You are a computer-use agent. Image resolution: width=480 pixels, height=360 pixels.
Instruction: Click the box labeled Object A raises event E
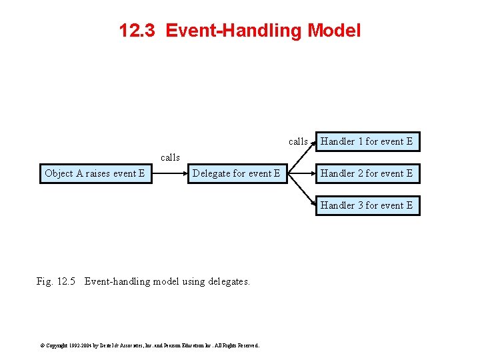(x=95, y=173)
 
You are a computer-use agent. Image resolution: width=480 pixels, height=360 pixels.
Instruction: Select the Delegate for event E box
(x=236, y=173)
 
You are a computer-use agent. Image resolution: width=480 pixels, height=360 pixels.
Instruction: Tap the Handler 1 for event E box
(x=367, y=141)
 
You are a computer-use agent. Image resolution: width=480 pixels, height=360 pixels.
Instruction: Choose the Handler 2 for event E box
(x=367, y=173)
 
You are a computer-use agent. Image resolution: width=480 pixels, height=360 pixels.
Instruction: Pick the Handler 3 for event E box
(x=367, y=205)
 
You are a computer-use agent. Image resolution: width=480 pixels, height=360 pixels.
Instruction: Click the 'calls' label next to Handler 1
(x=298, y=141)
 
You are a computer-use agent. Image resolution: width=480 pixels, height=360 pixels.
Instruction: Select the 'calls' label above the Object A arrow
(x=170, y=158)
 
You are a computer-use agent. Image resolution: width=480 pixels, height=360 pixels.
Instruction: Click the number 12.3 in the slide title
(x=137, y=31)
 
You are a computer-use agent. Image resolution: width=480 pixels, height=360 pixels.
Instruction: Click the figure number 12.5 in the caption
(x=67, y=281)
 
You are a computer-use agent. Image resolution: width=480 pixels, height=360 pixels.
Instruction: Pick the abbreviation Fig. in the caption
(x=45, y=281)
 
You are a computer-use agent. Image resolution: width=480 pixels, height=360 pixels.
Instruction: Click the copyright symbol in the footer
(x=42, y=345)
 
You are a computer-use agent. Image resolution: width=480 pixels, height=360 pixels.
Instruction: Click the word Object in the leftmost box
(x=59, y=173)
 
